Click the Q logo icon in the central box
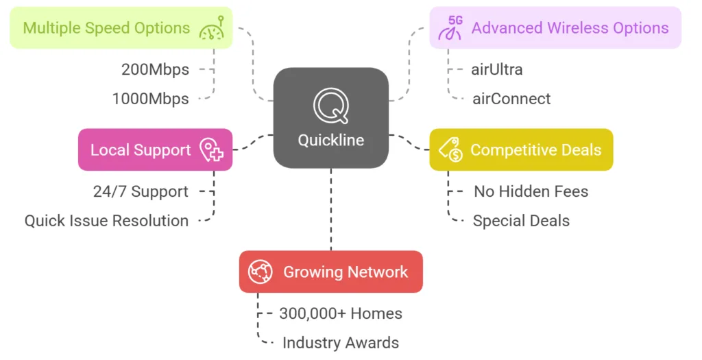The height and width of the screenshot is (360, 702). (331, 106)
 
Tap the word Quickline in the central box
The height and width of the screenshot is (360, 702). (331, 141)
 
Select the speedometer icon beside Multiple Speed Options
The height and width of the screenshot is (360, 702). (212, 28)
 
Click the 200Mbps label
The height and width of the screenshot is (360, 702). (155, 69)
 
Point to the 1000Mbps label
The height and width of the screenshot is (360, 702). (150, 99)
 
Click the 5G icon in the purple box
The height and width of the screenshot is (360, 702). (451, 28)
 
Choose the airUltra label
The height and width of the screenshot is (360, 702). (497, 69)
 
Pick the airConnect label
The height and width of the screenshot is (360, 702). (511, 99)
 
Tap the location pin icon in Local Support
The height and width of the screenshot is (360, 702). (211, 150)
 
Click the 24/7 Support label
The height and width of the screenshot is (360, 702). (141, 191)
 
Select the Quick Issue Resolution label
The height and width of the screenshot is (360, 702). (106, 221)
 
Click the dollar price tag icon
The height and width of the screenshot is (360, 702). (450, 150)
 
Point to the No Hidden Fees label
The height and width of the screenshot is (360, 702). (531, 191)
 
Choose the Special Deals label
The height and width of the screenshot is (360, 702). (521, 221)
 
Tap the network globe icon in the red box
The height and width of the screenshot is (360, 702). (261, 272)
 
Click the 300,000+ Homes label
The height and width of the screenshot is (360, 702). (341, 313)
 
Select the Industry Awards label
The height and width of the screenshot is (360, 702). (341, 343)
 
